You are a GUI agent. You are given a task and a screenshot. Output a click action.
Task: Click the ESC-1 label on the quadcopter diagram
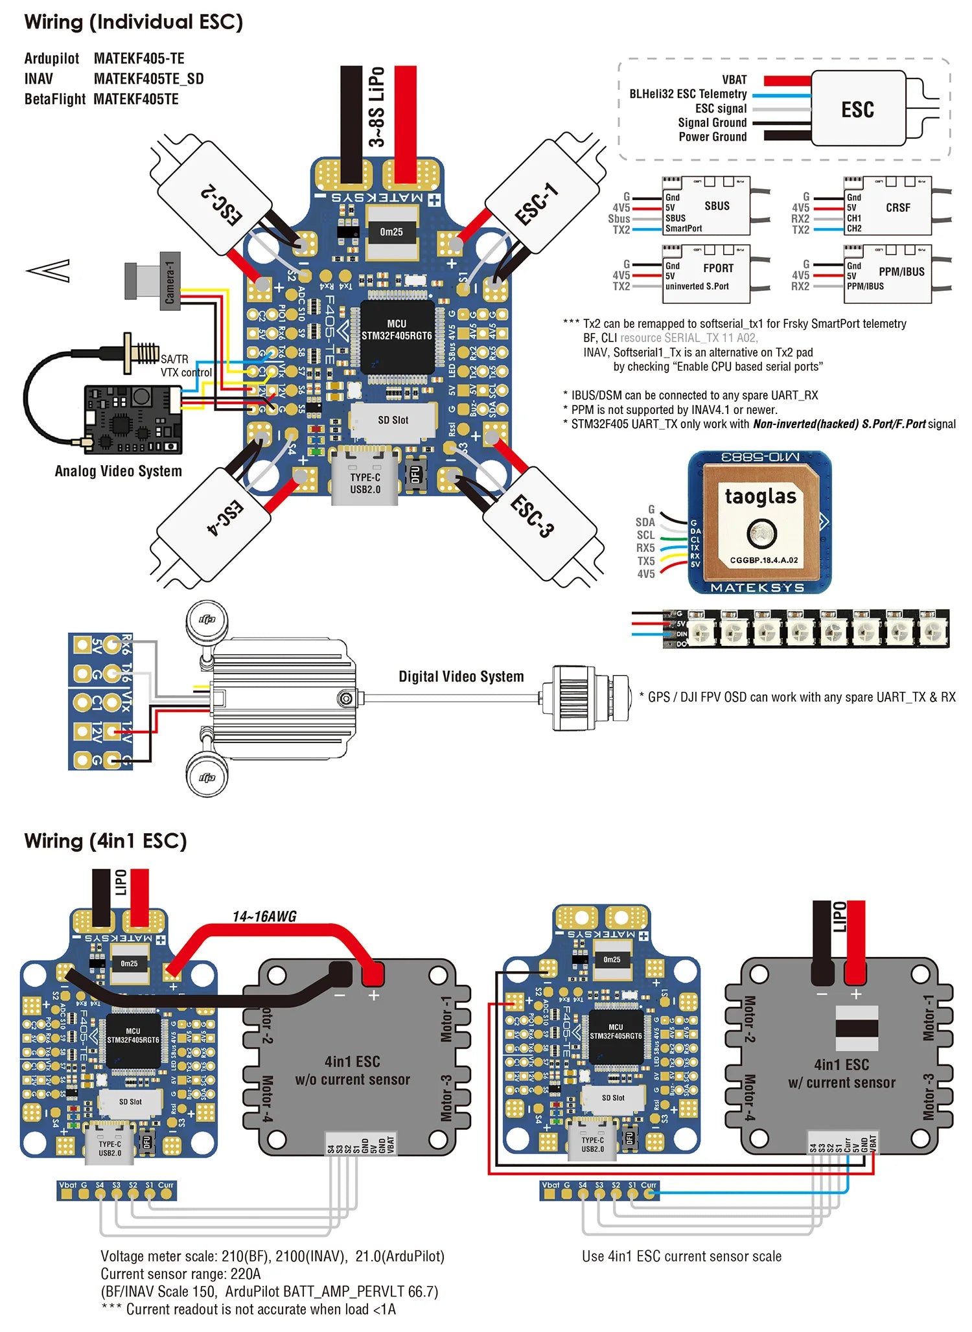537,203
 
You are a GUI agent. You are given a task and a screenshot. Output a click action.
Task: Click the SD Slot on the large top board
393,420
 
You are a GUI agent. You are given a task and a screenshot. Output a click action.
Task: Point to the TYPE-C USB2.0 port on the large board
365,483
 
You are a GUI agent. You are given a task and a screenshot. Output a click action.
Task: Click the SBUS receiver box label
717,206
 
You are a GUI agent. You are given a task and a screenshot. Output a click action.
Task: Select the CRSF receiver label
897,208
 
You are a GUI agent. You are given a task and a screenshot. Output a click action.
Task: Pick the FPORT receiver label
718,268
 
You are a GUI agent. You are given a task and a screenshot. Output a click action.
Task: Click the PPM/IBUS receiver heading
901,272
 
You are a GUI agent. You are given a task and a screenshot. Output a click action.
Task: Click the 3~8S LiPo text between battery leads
377,107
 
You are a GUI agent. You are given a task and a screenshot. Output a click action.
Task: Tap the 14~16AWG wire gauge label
264,917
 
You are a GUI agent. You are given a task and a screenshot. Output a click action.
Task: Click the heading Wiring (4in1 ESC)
106,841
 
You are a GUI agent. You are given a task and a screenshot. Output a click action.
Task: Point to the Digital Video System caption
461,676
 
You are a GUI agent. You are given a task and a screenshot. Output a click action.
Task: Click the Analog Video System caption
118,471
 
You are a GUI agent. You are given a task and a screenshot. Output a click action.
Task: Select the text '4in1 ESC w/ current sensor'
841,1074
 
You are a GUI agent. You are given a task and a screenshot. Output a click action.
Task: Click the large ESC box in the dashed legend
857,109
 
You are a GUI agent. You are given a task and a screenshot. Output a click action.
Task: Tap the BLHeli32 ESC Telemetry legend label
688,94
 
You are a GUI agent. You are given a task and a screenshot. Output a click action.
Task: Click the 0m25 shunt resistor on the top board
391,232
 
